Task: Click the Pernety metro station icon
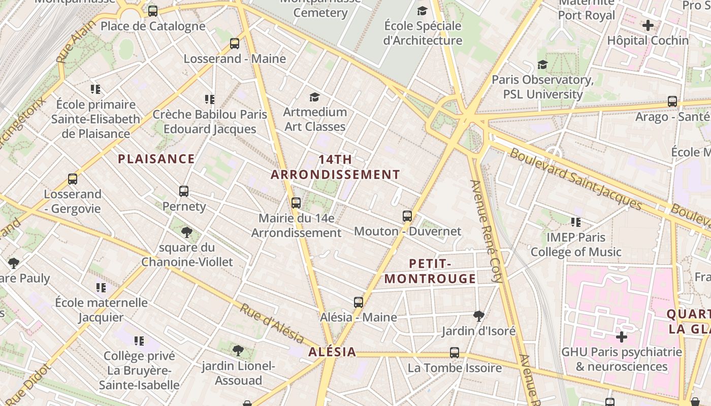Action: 184,191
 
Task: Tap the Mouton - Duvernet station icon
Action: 407,216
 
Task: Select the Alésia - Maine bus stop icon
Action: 359,302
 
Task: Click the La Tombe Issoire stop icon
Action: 455,353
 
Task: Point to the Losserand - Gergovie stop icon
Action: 73,179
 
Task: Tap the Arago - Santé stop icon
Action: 672,101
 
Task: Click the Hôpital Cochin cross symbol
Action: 648,25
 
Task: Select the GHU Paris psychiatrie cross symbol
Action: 622,337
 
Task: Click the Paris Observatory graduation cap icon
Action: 542,65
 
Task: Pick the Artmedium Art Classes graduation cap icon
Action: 315,97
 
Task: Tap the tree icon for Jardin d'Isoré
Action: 478,316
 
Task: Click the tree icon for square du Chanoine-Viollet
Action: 187,232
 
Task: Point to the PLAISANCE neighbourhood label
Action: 156,159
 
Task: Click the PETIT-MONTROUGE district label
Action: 430,272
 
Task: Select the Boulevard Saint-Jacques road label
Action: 576,179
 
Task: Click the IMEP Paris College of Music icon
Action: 576,222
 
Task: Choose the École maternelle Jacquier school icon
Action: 101,288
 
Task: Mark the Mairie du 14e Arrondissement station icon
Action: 296,203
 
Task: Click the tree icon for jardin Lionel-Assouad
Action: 238,350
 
